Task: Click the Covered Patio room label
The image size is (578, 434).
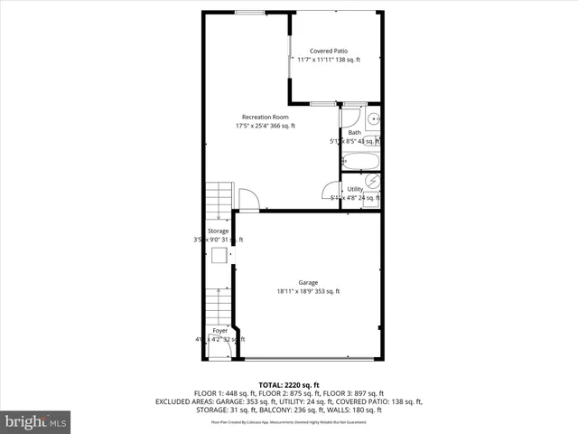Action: point(329,52)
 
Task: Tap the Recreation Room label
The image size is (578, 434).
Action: point(265,117)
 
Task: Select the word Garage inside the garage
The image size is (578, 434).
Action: point(308,282)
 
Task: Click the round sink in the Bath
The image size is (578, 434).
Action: point(372,118)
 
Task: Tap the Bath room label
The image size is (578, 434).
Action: point(354,133)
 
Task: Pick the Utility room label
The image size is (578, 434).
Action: point(355,189)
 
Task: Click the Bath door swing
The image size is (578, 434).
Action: point(349,117)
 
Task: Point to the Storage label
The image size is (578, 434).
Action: point(218,231)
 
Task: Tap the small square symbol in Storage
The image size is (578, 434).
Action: point(219,256)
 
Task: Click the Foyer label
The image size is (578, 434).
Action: point(219,331)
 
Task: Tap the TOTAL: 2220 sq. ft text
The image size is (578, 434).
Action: point(289,385)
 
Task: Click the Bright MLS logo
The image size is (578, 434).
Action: point(36,421)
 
